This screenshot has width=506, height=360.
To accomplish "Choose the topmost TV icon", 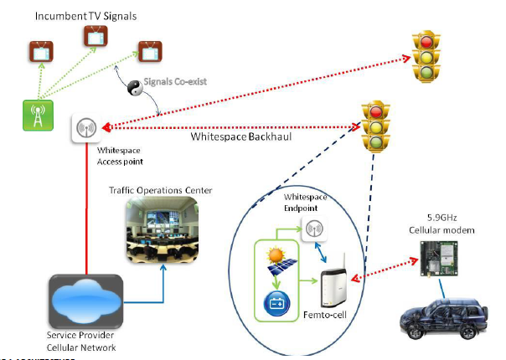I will point(92,35).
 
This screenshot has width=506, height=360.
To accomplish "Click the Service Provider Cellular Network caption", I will point(83,342).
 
